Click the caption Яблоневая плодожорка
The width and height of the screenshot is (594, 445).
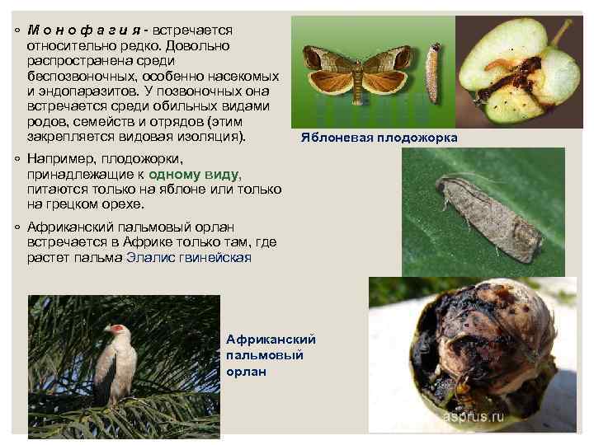coord(379,138)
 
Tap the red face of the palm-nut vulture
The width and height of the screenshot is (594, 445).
coord(122,331)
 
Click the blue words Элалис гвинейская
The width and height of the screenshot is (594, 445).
coord(188,257)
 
